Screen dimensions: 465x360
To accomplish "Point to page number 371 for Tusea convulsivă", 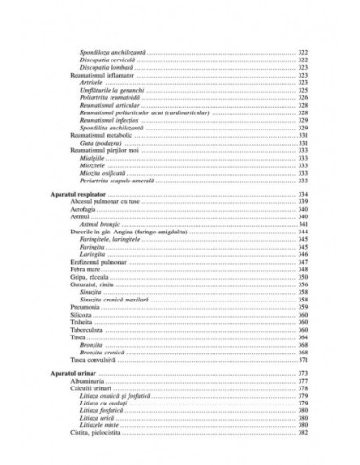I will (305, 359).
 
